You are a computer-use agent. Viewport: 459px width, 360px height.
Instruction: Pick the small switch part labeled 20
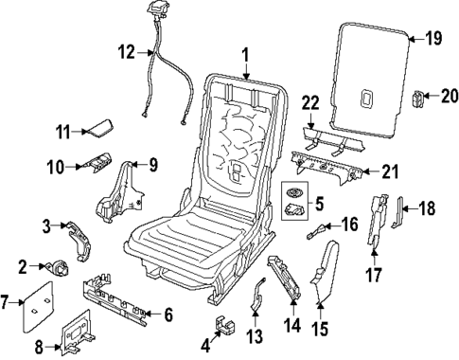(x=420, y=96)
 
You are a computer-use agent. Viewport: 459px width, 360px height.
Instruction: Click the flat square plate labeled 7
(x=42, y=301)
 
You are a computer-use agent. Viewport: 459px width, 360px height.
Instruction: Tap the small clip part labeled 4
(x=224, y=326)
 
